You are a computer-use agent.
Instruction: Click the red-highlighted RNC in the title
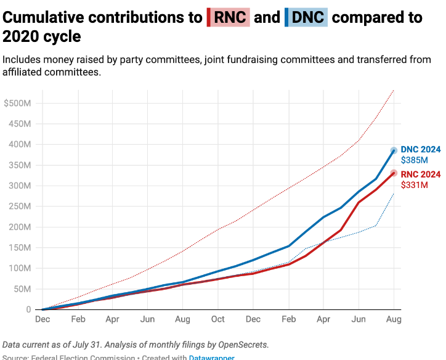click(229, 17)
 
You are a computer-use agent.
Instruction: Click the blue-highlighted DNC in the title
click(307, 17)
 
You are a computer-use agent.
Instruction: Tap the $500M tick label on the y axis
click(17, 103)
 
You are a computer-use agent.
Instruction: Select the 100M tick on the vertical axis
click(20, 268)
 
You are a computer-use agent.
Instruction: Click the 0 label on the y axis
click(28, 309)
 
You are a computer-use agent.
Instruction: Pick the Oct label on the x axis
click(218, 319)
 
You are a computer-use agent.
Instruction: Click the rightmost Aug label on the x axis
click(394, 319)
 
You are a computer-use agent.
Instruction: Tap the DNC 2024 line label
click(421, 149)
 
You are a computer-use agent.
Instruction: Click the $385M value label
click(414, 160)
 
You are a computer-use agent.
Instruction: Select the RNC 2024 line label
click(421, 174)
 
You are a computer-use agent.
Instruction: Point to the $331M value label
click(413, 185)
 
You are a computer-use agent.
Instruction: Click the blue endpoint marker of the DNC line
click(394, 150)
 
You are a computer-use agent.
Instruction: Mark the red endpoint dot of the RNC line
click(394, 173)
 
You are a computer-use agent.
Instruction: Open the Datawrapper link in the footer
click(211, 357)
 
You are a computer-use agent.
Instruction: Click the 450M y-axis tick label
click(20, 124)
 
